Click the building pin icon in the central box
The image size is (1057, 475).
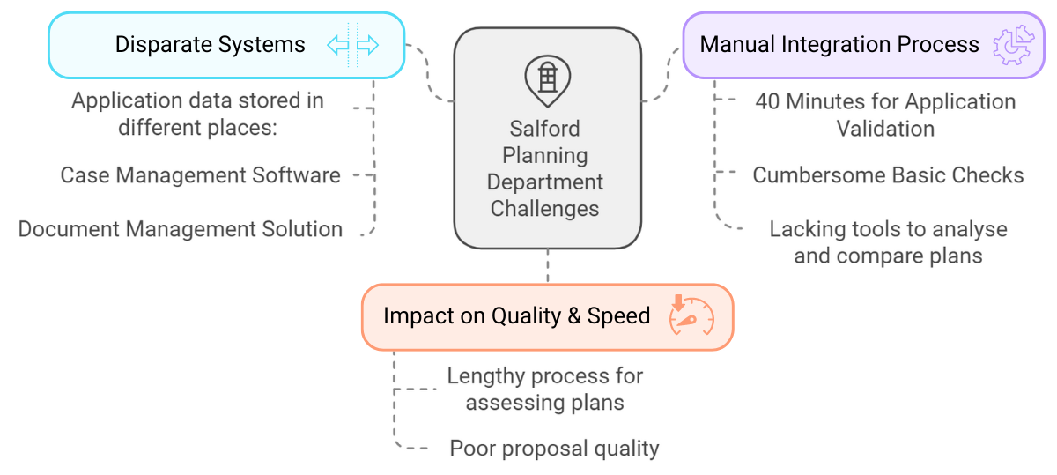click(x=547, y=78)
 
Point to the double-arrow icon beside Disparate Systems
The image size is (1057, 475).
click(x=352, y=45)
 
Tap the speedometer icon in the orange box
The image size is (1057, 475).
click(x=691, y=315)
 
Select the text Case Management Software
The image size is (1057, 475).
click(x=200, y=175)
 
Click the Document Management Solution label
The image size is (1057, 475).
click(x=181, y=229)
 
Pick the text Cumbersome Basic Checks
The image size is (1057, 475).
click(x=888, y=175)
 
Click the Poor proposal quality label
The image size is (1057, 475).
click(x=554, y=449)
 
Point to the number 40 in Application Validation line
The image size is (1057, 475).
click(x=767, y=101)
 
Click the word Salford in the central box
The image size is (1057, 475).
click(x=546, y=129)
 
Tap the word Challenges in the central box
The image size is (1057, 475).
click(x=545, y=209)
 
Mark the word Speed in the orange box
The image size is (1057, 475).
click(x=620, y=316)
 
